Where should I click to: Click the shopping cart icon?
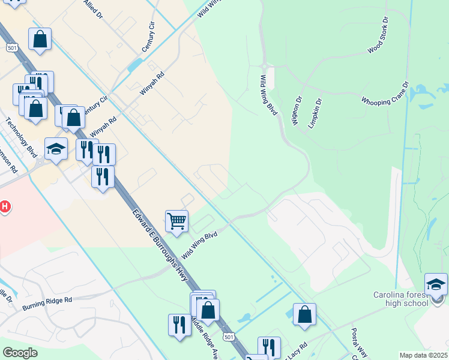click(x=176, y=221)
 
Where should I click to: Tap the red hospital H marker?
click(x=4, y=207)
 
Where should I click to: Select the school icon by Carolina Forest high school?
click(x=436, y=284)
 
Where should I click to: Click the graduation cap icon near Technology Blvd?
click(x=56, y=149)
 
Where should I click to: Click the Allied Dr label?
click(x=92, y=10)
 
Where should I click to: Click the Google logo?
click(x=20, y=353)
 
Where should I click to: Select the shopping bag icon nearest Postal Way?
click(x=305, y=314)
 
